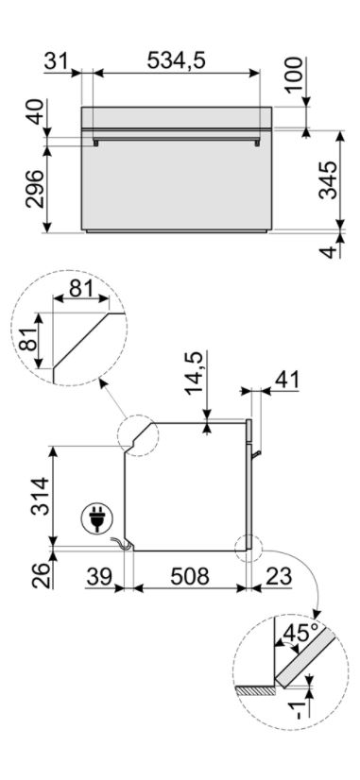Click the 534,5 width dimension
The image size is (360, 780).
click(x=177, y=60)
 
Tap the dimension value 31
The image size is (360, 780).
click(x=58, y=60)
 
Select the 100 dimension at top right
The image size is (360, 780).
click(x=295, y=74)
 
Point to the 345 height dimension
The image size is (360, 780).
click(x=329, y=180)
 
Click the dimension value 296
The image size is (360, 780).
click(x=36, y=189)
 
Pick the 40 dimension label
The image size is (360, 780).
click(x=36, y=113)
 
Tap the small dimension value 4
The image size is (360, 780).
click(x=329, y=252)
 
